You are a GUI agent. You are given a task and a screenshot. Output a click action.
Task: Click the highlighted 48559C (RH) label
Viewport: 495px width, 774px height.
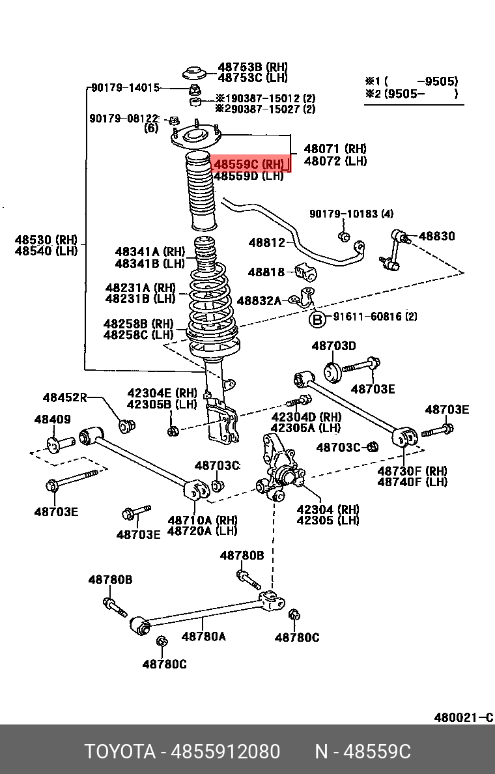point(249,164)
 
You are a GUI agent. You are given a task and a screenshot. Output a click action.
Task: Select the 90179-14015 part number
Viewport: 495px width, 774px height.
point(125,88)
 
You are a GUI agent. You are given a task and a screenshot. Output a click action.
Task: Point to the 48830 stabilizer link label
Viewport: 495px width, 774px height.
point(436,236)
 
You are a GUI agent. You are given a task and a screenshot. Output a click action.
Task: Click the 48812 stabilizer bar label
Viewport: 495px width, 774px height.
point(266,243)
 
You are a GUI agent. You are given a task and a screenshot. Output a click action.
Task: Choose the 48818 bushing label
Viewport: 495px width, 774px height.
point(266,272)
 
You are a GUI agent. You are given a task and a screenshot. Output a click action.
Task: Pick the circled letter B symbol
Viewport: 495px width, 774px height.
point(317,319)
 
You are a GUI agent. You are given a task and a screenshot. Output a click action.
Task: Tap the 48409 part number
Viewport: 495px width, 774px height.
point(53,420)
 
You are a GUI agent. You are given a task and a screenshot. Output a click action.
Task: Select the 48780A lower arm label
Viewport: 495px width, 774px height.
point(203,637)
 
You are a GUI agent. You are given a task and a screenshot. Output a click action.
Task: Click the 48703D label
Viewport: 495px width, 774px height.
point(333,345)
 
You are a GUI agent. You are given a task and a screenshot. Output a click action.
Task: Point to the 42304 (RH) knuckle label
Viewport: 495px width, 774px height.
point(328,509)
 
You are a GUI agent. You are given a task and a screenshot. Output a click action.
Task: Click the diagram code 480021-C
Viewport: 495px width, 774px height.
point(464,718)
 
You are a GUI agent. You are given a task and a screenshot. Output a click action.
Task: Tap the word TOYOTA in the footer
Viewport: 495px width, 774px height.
point(119,752)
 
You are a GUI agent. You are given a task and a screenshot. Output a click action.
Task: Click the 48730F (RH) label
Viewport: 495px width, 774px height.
point(412,470)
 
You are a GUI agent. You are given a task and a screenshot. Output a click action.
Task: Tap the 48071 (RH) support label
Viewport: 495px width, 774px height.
point(335,149)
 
